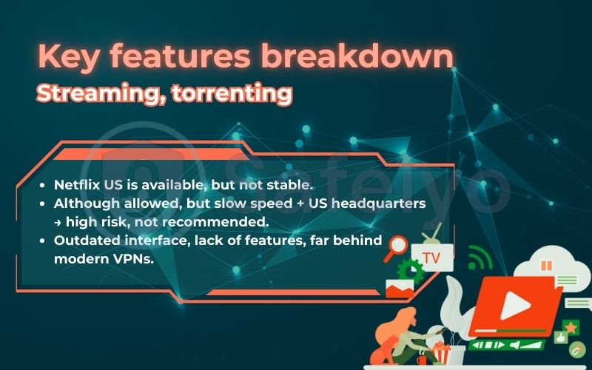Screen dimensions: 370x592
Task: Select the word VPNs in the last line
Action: pos(133,259)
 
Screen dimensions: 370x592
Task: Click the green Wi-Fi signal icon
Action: pos(479,259)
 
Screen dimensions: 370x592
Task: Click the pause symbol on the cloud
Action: pos(547,265)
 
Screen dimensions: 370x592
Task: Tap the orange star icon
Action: pos(571,326)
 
